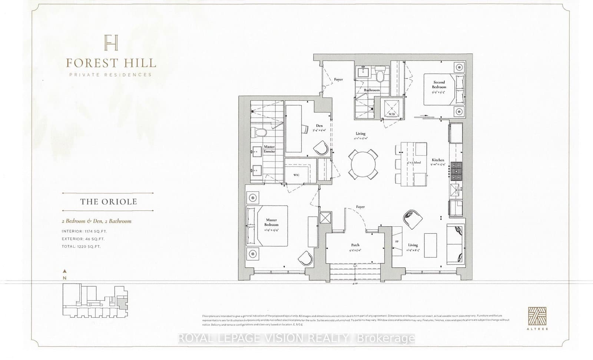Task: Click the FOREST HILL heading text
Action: tap(111, 63)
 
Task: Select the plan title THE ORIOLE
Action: tap(109, 202)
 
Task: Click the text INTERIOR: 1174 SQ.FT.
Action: tap(84, 231)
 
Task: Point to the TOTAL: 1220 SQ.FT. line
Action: tap(81, 246)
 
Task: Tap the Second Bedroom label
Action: tap(439, 85)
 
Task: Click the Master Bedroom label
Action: tap(271, 222)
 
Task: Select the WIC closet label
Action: tap(296, 175)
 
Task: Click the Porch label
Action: tap(355, 245)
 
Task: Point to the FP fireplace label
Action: tap(397, 241)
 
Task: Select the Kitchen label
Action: tap(438, 160)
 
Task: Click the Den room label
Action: tap(319, 126)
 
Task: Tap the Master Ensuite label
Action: tap(269, 149)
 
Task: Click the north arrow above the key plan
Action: tap(65, 271)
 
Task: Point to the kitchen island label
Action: tap(414, 162)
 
